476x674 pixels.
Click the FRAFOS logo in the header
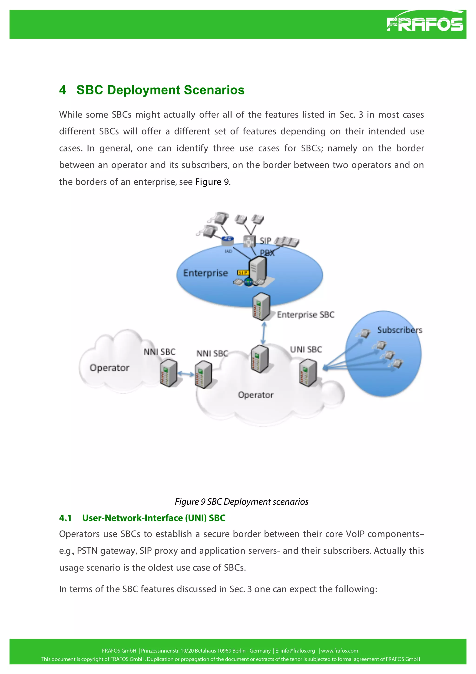424,23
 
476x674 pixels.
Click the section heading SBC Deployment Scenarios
160,90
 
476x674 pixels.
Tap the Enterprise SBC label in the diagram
305,314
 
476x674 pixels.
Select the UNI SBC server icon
308,373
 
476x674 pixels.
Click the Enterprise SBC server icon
261,307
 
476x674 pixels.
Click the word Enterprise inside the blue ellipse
205,273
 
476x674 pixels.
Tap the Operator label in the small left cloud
109,368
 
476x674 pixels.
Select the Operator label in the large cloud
255,395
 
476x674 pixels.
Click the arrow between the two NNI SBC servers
186,374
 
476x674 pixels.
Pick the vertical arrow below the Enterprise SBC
263,333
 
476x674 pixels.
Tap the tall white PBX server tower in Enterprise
257,269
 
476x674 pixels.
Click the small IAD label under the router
228,251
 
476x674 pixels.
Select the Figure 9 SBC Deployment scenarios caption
241,502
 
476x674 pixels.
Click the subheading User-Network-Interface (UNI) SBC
153,518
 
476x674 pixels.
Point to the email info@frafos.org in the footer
297,651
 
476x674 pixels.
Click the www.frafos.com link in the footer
339,651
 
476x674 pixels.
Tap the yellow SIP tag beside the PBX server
243,273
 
